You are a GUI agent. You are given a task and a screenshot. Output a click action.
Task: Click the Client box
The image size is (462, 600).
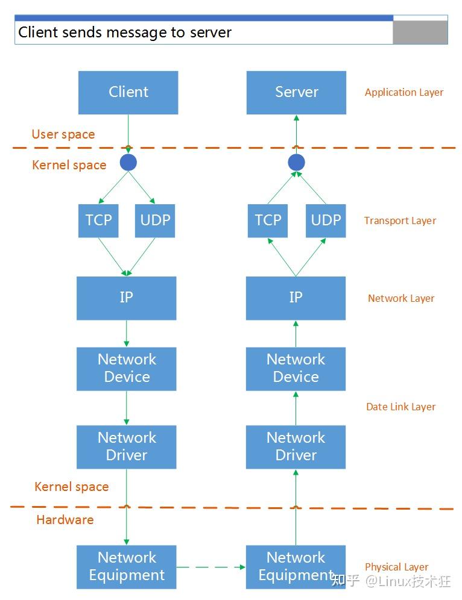128,92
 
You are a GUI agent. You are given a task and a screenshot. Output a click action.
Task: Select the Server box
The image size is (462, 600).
296,92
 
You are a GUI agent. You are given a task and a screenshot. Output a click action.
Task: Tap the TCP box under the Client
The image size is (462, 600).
98,220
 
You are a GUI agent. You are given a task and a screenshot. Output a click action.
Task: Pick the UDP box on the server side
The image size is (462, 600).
326,220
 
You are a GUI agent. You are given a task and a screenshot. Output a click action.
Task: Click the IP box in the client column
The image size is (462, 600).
126,298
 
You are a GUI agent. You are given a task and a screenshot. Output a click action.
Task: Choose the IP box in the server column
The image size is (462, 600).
296,298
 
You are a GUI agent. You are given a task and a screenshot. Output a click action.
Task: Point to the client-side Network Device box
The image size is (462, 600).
126,368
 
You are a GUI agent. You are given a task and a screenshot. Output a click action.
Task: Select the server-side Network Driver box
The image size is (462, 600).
296,446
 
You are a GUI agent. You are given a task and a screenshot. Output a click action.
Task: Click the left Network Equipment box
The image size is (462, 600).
126,566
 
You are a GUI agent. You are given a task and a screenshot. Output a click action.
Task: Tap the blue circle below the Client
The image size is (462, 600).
128,162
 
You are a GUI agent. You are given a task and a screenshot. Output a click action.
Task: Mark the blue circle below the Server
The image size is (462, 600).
296,162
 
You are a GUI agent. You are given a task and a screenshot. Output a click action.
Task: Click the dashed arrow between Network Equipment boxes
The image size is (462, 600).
211,567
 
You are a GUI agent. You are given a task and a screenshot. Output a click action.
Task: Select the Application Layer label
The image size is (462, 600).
403,93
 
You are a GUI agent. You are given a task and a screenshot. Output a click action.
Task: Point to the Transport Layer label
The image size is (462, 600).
400,221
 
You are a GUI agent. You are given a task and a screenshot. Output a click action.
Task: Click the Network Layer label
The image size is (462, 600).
401,298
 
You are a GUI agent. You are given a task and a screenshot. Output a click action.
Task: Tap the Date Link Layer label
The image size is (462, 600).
400,407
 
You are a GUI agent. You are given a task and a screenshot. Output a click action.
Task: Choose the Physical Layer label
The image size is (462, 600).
396,567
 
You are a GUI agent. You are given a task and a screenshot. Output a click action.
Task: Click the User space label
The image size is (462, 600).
63,134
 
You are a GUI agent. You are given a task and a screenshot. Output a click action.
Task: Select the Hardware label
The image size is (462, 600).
65,520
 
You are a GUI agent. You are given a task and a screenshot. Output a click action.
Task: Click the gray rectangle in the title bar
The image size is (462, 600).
420,32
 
